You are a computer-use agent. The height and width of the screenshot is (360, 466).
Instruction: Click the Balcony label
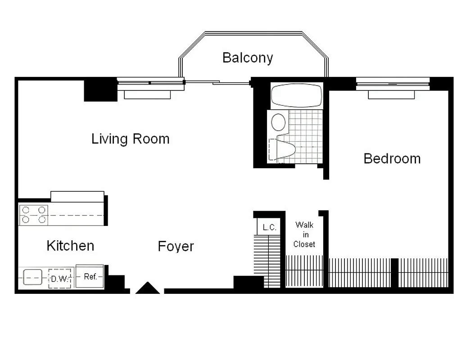coord(248,58)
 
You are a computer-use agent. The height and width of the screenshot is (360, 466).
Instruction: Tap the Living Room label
coord(131,139)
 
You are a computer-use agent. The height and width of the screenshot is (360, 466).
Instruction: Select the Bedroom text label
coord(392,158)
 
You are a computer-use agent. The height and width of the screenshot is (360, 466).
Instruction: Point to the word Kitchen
coord(70,246)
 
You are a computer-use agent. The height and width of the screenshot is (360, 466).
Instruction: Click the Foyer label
coord(176,247)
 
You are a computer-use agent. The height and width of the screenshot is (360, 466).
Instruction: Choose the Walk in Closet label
coord(304,234)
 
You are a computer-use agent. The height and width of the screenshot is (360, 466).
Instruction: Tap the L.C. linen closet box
coord(269,227)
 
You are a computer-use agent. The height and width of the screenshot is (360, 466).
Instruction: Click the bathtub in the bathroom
coord(296,95)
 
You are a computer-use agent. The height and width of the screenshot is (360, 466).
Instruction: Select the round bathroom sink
coord(279,122)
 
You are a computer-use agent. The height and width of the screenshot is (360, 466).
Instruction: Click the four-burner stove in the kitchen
coord(34,215)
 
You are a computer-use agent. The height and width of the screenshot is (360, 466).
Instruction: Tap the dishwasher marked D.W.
coord(59,279)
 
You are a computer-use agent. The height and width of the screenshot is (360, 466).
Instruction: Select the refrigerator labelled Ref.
coord(90,276)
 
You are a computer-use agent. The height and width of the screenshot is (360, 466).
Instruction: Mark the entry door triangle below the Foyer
coord(148,288)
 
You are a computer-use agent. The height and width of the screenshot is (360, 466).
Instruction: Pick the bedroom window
coord(393,83)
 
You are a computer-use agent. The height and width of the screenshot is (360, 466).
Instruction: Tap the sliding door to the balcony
coord(217,82)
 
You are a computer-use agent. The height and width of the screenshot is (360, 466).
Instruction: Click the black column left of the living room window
coord(100,90)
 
